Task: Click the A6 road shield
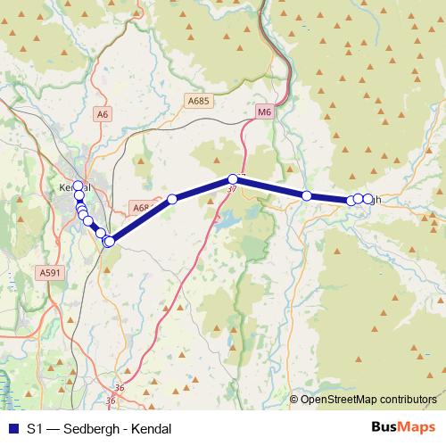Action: [x=103, y=114]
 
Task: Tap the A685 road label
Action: [x=198, y=103]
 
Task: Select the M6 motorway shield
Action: [x=263, y=112]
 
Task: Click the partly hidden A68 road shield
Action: [x=141, y=208]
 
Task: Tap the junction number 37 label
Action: [x=232, y=189]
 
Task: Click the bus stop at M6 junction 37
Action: [x=233, y=179]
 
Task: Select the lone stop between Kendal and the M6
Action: [x=172, y=199]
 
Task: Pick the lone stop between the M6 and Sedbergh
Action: [x=306, y=195]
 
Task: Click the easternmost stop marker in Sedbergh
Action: [x=368, y=199]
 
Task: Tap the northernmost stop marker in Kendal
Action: [x=78, y=186]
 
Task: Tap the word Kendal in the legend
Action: [x=150, y=428]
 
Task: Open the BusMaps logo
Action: [x=402, y=427]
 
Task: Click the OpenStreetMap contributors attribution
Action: [x=368, y=400]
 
